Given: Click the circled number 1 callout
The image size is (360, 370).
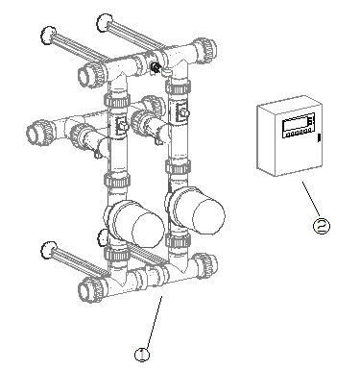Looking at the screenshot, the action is pos(142,355).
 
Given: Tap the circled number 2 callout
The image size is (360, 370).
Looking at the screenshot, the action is pos(321,226).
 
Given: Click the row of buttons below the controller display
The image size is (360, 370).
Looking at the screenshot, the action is pos(298,133).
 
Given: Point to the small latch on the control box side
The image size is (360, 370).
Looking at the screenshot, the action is pos(319,137).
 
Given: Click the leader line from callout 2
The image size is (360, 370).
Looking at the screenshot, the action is pos(311,198).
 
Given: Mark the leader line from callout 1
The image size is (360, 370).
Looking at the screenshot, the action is pos(154,322).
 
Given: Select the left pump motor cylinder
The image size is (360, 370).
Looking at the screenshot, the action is pos(137,223).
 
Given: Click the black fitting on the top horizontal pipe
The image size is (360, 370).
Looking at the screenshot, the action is pos(156,67).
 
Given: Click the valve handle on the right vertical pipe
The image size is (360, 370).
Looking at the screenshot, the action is pos(182,112).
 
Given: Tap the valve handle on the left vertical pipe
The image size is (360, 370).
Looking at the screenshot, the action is pos(122,125).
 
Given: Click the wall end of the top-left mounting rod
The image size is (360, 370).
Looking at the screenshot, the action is pos(48,36).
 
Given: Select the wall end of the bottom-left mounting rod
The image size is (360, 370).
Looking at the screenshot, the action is pos(49,250).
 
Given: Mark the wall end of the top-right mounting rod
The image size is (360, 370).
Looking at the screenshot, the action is pos(105,23).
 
